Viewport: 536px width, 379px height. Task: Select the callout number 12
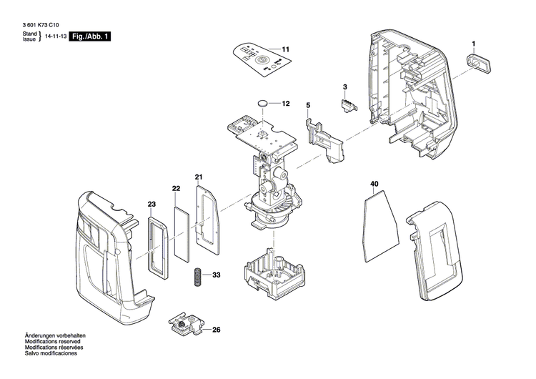click(x=285, y=104)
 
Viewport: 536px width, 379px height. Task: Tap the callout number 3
click(x=344, y=87)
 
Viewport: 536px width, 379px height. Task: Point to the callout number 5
click(x=308, y=106)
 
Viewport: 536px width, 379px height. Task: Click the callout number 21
click(x=199, y=177)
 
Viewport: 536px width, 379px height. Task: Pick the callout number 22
click(x=175, y=188)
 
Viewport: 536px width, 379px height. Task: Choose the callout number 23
click(x=152, y=205)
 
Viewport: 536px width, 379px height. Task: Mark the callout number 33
click(x=217, y=275)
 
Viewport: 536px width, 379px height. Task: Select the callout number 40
click(x=374, y=184)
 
